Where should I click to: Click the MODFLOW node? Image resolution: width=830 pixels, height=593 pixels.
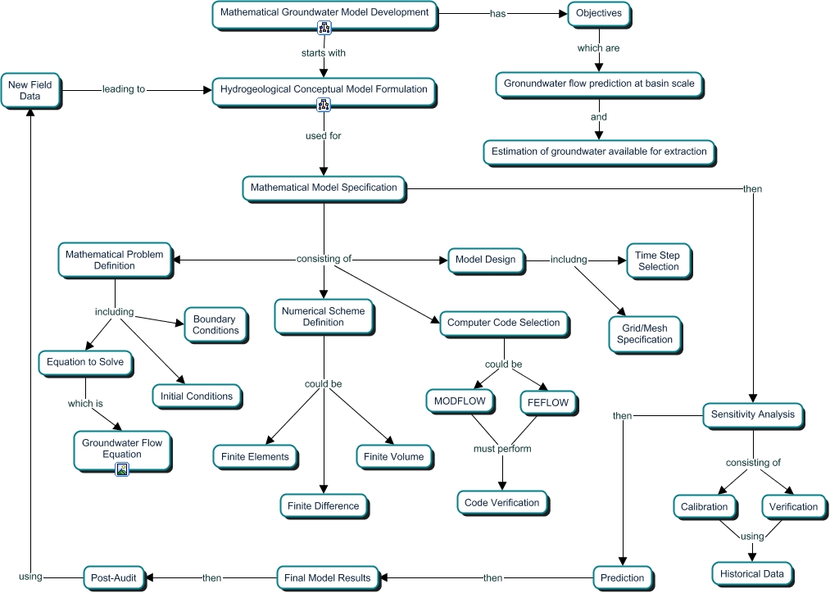(x=460, y=401)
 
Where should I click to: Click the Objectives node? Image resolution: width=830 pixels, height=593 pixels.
(x=599, y=13)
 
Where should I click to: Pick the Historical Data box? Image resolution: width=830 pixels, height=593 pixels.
(x=751, y=573)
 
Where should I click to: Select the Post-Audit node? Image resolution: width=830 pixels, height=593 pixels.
(x=115, y=577)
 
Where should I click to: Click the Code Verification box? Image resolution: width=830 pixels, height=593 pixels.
(x=501, y=502)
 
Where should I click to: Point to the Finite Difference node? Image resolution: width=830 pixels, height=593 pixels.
(x=323, y=505)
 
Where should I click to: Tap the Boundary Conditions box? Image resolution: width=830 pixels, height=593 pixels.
(x=215, y=325)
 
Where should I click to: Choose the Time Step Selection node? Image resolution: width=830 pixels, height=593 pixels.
(x=658, y=260)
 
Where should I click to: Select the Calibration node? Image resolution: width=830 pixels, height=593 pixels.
(x=704, y=506)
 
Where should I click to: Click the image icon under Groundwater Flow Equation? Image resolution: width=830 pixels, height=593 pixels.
(x=122, y=469)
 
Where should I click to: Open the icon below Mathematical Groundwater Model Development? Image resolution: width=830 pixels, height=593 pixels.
(x=324, y=29)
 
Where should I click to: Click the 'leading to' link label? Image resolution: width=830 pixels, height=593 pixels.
(x=124, y=89)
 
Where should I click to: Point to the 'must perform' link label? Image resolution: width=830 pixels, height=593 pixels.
(x=502, y=448)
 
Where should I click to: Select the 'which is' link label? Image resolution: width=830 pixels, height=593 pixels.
(x=85, y=403)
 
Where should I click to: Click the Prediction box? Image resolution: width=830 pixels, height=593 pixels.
(x=624, y=577)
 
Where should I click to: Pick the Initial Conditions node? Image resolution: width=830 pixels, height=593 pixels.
(x=197, y=396)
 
